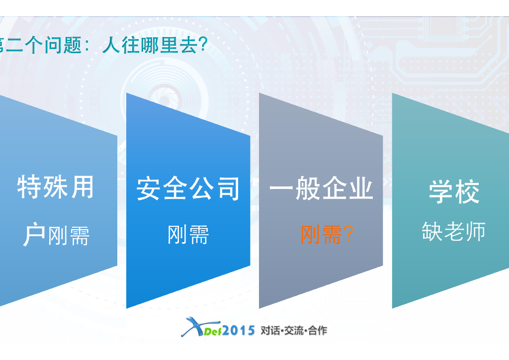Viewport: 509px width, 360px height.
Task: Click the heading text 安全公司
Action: tap(188, 188)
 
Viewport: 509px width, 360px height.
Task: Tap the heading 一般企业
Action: tap(321, 188)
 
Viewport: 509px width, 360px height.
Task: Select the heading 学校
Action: tap(454, 191)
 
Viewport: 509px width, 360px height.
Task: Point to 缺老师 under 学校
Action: tap(453, 231)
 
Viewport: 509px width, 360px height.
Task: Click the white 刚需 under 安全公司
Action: tap(188, 234)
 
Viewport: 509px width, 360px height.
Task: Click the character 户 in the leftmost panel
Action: tap(34, 234)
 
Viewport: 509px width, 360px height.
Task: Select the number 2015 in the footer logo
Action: tap(239, 331)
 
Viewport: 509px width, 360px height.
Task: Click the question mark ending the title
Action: tap(203, 45)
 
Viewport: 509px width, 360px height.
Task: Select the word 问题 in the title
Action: tap(63, 45)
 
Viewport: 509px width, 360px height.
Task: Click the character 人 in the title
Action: tap(111, 45)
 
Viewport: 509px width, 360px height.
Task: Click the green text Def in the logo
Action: tap(212, 332)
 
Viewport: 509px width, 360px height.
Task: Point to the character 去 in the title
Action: tap(189, 45)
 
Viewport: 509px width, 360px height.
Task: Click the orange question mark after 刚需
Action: tap(348, 234)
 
